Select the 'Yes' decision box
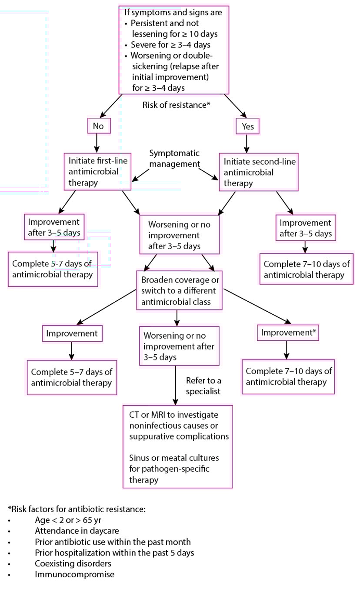pyautogui.click(x=247, y=126)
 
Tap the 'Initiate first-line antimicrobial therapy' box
pyautogui.click(x=97, y=171)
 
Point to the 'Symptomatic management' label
pyautogui.click(x=174, y=159)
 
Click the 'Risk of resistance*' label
pyautogui.click(x=177, y=105)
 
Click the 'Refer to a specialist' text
pyautogui.click(x=203, y=386)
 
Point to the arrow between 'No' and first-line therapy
pyautogui.click(x=97, y=142)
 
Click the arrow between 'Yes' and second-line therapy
pyautogui.click(x=247, y=142)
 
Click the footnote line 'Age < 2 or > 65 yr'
pyautogui.click(x=68, y=519)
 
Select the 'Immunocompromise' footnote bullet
pyautogui.click(x=74, y=574)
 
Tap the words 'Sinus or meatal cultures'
pyautogui.click(x=174, y=459)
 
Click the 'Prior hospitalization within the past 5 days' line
pyautogui.click(x=114, y=552)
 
